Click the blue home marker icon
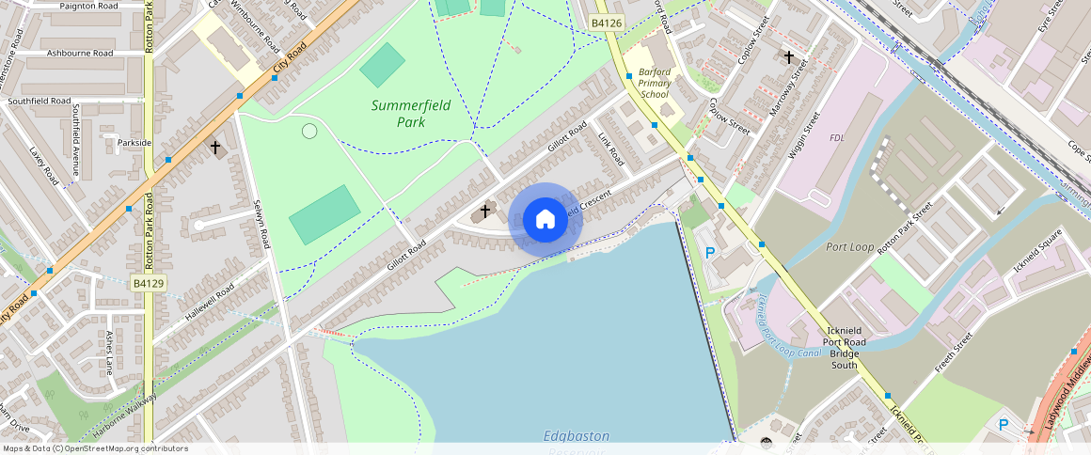click(545, 220)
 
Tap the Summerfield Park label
click(411, 114)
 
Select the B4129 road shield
click(149, 283)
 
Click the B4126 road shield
click(608, 23)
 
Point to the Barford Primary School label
click(655, 83)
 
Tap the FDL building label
click(837, 138)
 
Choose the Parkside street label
click(134, 143)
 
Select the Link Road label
click(610, 149)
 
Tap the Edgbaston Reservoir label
click(577, 440)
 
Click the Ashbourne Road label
click(80, 54)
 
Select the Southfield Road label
click(39, 101)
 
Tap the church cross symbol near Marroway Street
click(789, 57)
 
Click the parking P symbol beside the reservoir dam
click(710, 252)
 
